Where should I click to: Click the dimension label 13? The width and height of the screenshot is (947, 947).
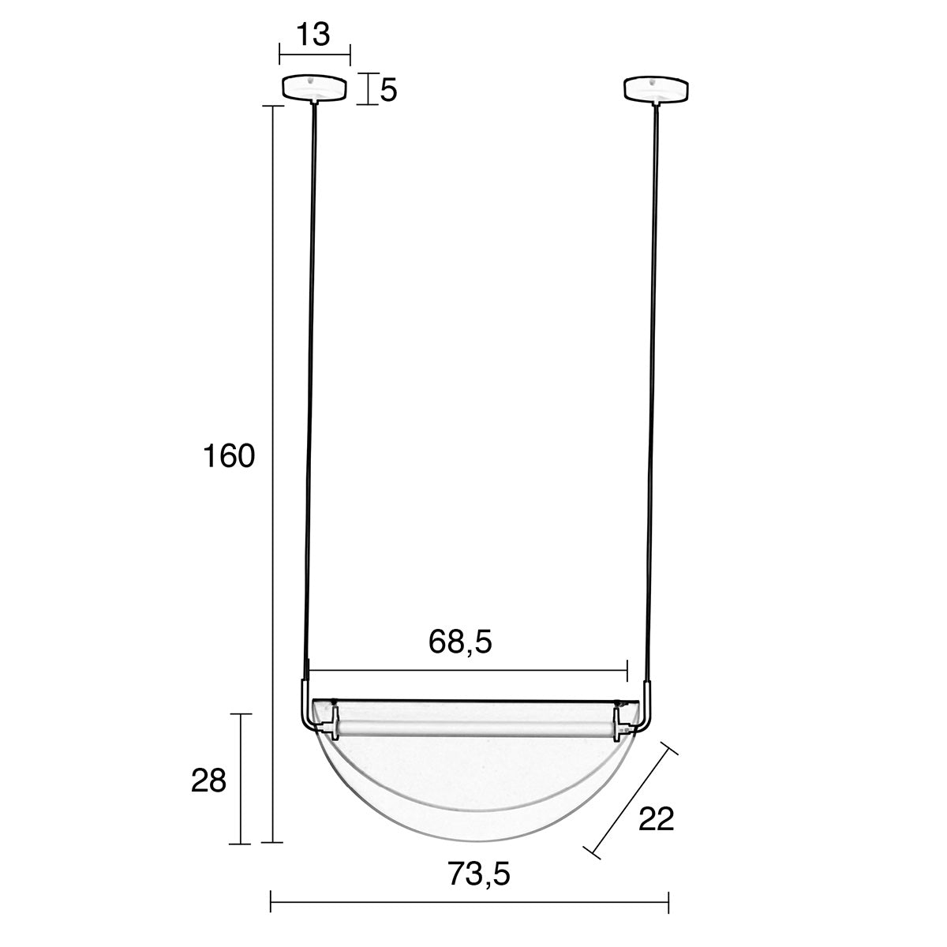click(313, 35)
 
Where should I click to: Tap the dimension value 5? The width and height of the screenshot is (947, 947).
click(388, 91)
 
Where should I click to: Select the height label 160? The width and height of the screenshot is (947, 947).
click(229, 456)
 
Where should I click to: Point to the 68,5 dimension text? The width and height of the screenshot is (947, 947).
click(460, 642)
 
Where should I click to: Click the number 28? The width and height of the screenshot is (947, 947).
click(208, 780)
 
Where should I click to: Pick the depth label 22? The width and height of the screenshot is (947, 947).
click(656, 820)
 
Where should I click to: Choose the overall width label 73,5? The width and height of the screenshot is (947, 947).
click(479, 874)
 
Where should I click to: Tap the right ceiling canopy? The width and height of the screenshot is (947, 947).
click(656, 88)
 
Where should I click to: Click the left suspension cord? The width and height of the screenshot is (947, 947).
click(309, 395)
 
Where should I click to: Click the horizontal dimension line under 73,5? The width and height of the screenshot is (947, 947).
click(470, 901)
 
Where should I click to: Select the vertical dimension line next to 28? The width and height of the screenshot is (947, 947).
click(241, 779)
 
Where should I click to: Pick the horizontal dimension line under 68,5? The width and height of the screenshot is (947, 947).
click(468, 671)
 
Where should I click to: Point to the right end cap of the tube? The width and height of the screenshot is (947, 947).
click(617, 724)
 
